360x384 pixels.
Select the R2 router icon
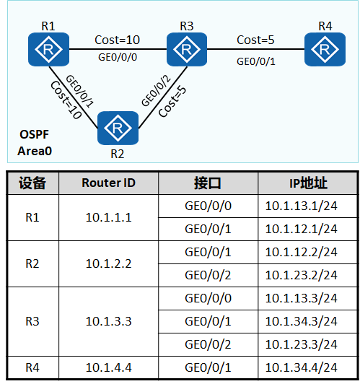[116, 128]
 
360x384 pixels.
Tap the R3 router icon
[186, 50]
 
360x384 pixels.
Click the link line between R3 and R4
[255, 50]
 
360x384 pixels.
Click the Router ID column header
[108, 183]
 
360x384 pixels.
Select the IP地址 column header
[308, 183]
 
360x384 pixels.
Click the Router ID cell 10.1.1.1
[108, 217]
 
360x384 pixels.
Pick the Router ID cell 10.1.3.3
[108, 320]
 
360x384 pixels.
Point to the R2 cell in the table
[32, 263]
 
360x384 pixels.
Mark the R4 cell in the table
[32, 366]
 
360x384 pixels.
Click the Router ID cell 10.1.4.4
[108, 366]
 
